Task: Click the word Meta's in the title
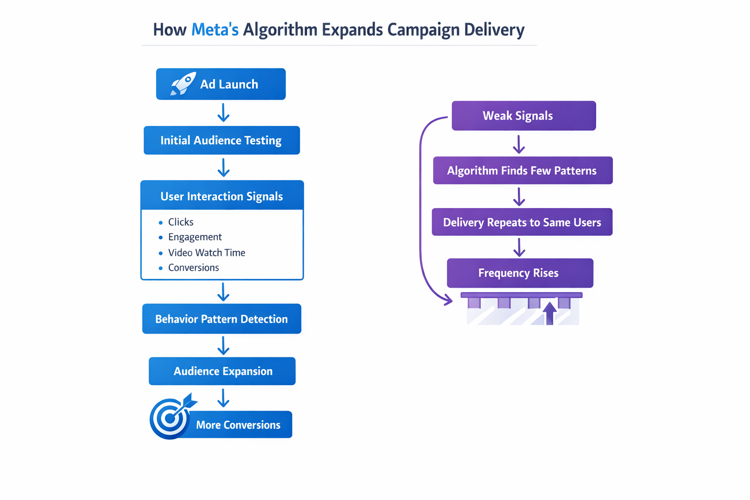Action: [215, 30]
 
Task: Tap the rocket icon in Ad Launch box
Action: [183, 84]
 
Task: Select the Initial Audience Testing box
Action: [221, 141]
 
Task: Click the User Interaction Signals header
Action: [222, 196]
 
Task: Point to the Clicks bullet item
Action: [181, 222]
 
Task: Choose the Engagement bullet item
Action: [195, 237]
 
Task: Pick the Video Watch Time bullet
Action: [207, 253]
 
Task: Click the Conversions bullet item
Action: [193, 268]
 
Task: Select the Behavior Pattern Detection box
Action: [221, 319]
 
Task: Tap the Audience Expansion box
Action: [223, 372]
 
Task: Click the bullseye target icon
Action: [170, 418]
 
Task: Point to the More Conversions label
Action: [238, 425]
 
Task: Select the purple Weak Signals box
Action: [523, 116]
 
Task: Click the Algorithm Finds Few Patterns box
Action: [522, 171]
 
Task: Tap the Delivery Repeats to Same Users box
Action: [522, 223]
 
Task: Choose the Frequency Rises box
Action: [520, 273]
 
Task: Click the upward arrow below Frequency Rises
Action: [550, 313]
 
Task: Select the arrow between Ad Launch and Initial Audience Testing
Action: [224, 113]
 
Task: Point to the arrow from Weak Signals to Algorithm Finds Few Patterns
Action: [519, 145]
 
